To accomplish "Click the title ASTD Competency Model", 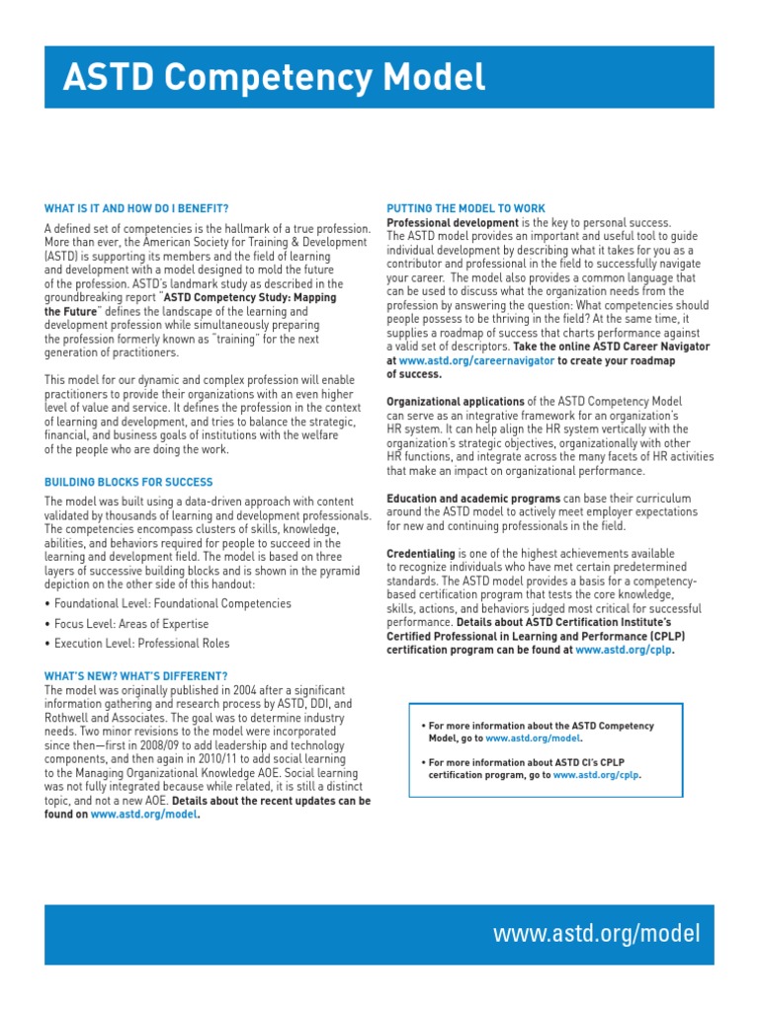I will pos(274,76).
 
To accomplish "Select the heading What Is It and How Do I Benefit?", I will pos(136,208).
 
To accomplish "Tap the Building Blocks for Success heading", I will pos(128,482).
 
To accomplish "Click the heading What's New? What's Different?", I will pos(136,675).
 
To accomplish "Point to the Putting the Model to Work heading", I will pos(465,208).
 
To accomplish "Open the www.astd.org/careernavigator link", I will pos(476,361).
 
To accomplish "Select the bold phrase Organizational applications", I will pos(455,402).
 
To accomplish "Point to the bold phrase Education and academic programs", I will pos(473,499).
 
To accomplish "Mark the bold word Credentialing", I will pos(421,554).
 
